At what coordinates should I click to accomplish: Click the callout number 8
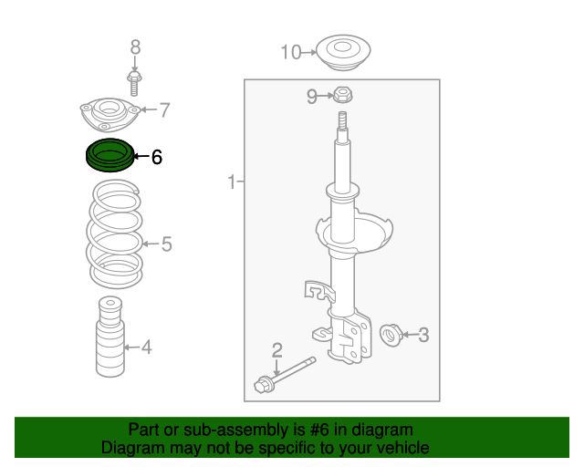135,47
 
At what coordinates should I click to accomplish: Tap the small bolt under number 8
134,85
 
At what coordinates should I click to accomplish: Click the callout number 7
164,111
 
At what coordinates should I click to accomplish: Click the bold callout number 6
156,158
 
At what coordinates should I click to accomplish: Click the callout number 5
166,244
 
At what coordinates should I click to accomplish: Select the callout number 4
146,347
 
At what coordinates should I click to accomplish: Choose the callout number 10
290,53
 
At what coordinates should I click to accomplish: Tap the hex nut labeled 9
343,95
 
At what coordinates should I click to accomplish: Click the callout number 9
312,96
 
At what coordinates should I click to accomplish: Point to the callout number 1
232,183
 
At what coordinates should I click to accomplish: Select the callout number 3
422,335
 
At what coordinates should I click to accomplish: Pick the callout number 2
276,349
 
